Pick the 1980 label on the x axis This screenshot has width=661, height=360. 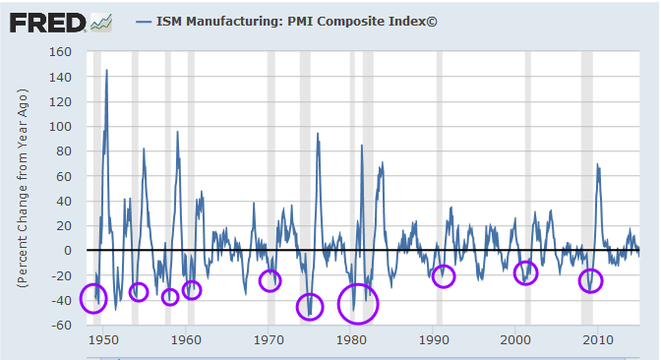pos(351,341)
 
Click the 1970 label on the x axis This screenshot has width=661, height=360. pos(269,341)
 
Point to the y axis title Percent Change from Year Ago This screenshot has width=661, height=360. pos(22,188)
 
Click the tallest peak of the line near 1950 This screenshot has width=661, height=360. pos(106,71)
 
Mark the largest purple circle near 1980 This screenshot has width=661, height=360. pos(358,303)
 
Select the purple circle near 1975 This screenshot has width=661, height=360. pos(311,307)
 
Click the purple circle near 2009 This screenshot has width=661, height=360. pos(590,282)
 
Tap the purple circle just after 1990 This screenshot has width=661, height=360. pos(444,276)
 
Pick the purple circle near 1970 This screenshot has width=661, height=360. pos(270,280)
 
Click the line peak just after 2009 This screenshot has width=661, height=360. pos(597,164)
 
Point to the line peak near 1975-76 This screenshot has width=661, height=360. pos(318,134)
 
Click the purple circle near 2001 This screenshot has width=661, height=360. pos(526,272)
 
